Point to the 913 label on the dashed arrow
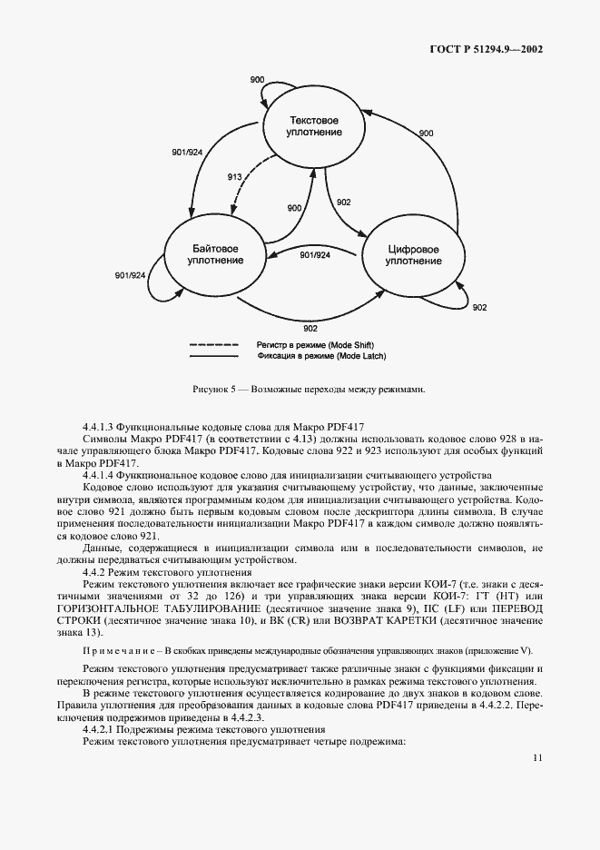(x=234, y=177)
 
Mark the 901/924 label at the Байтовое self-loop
(x=130, y=276)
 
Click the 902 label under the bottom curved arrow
(x=310, y=328)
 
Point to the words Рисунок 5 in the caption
(x=216, y=390)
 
